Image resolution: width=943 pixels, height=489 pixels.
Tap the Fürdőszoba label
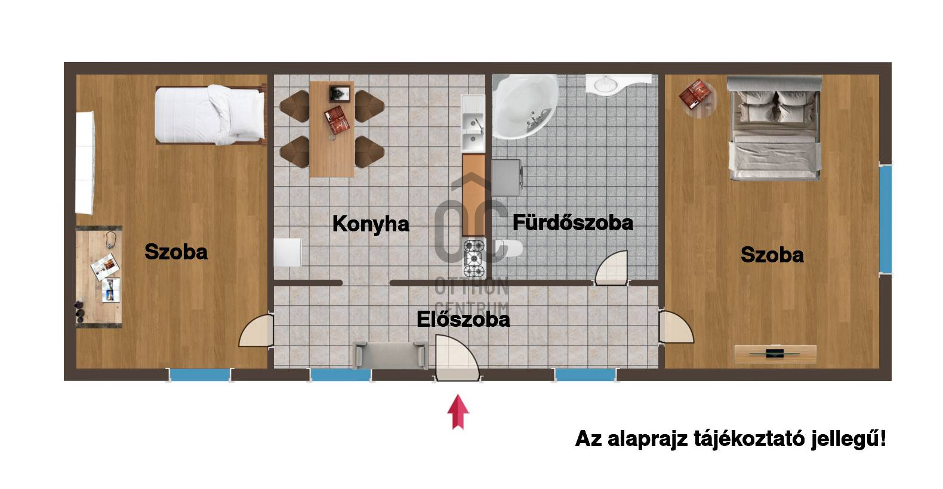pos(572,223)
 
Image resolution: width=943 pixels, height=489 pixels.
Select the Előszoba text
pos(463,320)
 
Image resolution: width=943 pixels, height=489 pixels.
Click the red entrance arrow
pos(458,412)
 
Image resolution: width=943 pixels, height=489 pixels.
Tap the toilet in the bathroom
pos(509,249)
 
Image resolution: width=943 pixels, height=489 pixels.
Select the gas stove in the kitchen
pos(474,258)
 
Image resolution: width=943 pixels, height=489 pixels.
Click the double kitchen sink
pos(473,124)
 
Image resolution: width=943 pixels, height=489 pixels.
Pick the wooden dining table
pos(332,129)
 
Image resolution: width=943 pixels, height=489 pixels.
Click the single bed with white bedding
pos(211,114)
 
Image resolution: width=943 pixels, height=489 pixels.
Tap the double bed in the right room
pos(775,128)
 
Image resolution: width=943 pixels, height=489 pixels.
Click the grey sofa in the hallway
pos(390,355)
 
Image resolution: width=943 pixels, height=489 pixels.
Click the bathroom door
pos(611,268)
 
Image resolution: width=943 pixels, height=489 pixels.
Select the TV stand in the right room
pos(775,354)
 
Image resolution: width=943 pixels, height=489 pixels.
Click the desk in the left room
pos(99,277)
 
